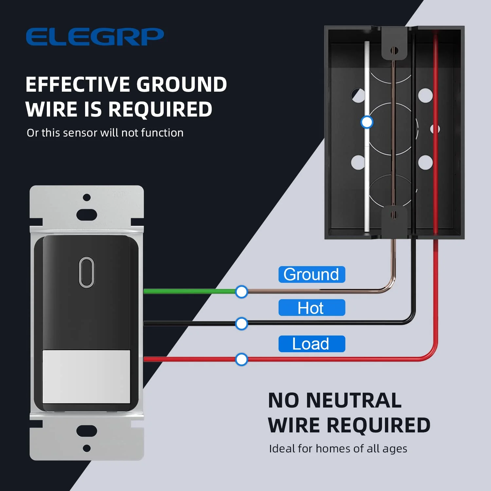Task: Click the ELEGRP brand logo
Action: (95, 37)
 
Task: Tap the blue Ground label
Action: (312, 274)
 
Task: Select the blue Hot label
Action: (312, 308)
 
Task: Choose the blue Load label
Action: (312, 344)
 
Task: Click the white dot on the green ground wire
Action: (242, 292)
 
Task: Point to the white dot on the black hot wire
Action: (242, 324)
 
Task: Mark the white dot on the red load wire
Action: (242, 359)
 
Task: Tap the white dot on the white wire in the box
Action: (367, 122)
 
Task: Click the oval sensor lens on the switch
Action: (87, 272)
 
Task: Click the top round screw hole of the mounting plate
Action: (87, 197)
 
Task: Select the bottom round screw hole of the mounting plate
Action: (87, 448)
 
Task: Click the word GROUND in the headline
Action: (182, 84)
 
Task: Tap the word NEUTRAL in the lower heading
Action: (354, 400)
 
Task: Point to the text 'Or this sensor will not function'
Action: (105, 133)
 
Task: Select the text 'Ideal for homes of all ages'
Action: (338, 448)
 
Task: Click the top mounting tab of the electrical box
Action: (394, 46)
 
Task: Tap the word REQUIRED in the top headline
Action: (160, 109)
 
